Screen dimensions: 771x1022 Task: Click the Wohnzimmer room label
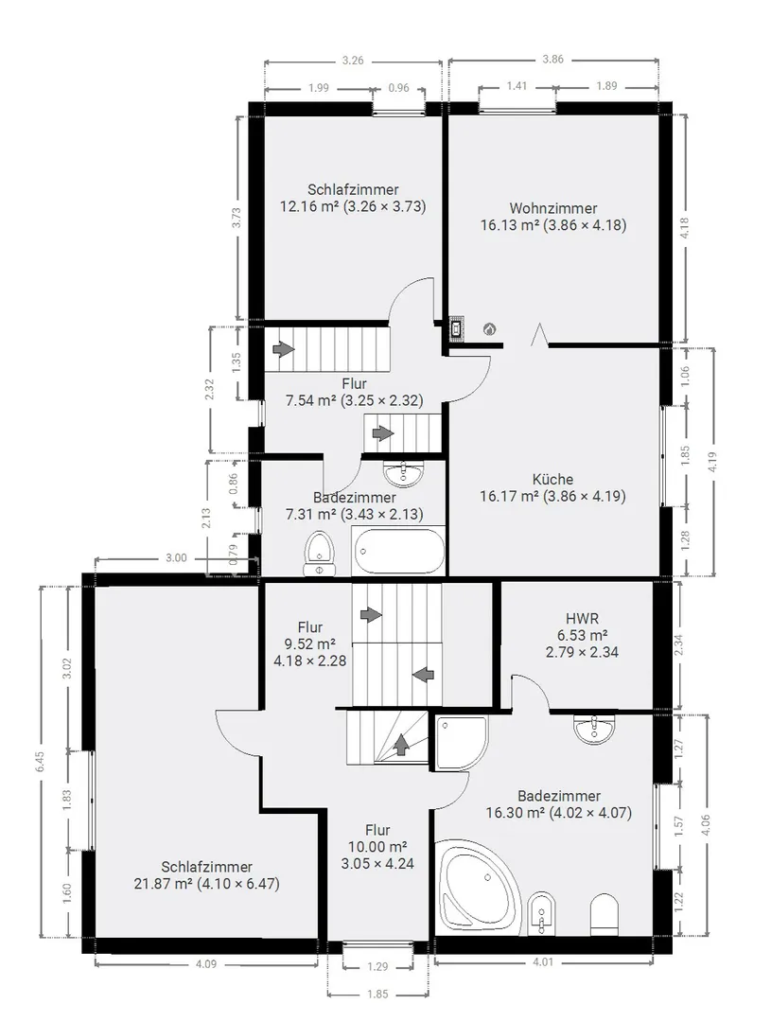point(552,208)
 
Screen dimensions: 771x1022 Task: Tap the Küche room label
point(552,479)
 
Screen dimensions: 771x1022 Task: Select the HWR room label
point(582,619)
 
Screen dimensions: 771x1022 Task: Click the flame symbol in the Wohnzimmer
point(489,329)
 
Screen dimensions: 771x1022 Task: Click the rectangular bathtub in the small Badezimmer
point(399,552)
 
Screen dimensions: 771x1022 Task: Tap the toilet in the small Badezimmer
point(320,555)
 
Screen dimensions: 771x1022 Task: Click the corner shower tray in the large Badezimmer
point(462,743)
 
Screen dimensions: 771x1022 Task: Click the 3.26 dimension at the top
point(353,61)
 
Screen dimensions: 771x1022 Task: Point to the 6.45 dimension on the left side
point(41,761)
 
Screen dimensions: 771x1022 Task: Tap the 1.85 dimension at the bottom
point(377,994)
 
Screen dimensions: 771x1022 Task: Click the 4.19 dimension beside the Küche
point(712,462)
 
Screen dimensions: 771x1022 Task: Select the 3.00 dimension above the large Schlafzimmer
point(176,558)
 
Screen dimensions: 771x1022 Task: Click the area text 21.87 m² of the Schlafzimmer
point(161,884)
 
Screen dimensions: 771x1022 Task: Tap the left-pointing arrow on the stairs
point(424,675)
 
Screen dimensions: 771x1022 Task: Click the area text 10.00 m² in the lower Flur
point(377,847)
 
